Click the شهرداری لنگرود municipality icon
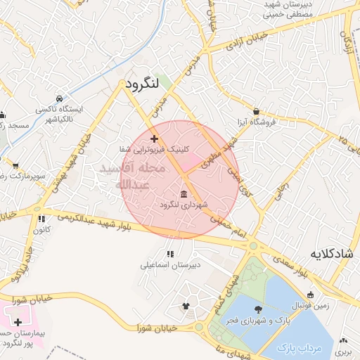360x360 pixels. coord(184,193)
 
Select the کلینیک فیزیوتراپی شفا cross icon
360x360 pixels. coord(154,139)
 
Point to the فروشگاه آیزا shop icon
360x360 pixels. coord(255,111)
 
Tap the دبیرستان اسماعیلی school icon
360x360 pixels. coord(169,254)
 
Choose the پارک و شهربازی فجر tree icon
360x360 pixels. coord(259,309)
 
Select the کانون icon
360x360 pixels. coord(42,219)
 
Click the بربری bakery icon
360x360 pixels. coord(343,338)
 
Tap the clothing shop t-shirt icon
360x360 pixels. coord(186,305)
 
